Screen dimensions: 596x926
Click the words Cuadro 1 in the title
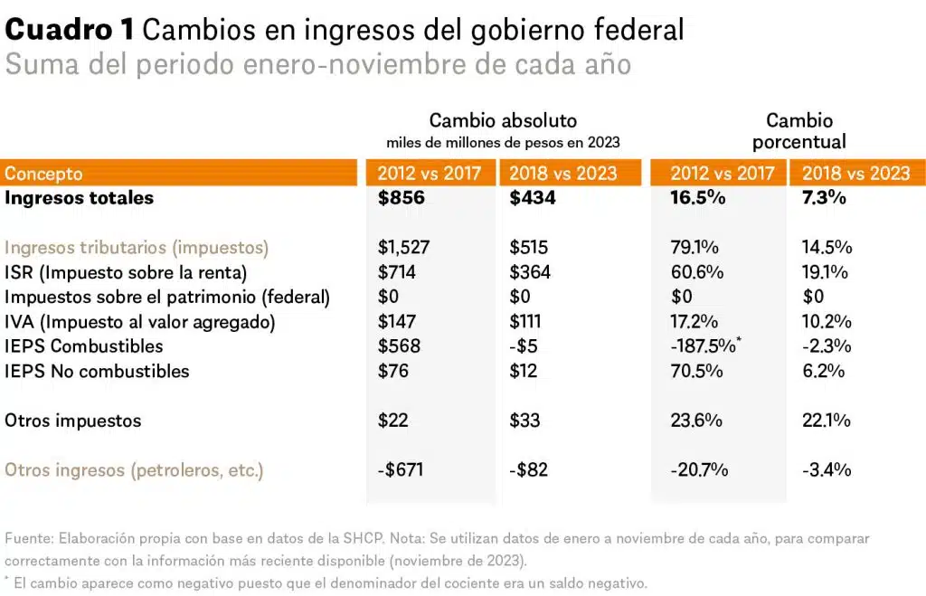[x=70, y=30]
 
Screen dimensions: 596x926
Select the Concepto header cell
[x=43, y=174]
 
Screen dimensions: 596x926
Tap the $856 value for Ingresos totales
[x=402, y=198]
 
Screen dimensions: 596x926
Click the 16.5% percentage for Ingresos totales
[x=697, y=198]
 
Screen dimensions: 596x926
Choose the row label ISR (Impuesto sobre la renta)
[x=126, y=272]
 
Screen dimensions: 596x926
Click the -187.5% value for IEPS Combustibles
[x=703, y=346]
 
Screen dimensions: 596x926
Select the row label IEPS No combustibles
[x=97, y=371]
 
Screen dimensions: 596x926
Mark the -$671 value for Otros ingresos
[x=400, y=470]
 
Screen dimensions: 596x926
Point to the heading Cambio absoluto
[x=503, y=120]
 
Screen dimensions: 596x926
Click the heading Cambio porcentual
[x=799, y=131]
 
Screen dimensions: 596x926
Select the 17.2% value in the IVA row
[x=694, y=321]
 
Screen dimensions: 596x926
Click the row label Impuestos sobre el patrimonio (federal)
[x=167, y=297]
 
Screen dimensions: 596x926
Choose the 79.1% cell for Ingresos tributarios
[x=694, y=247]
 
